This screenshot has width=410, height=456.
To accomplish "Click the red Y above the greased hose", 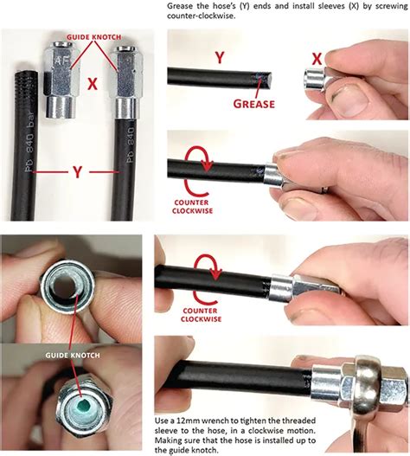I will point(220,57).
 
